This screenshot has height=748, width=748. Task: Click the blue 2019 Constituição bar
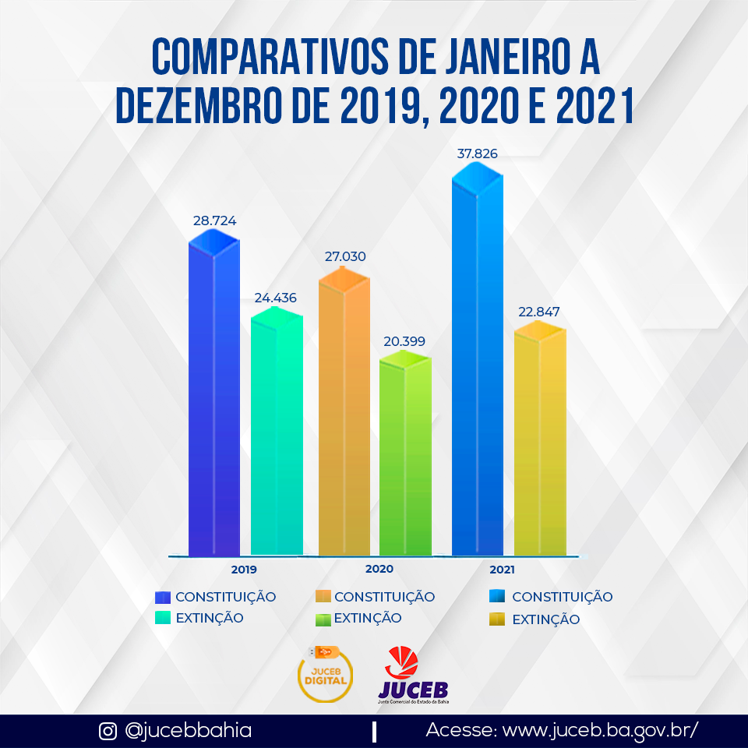point(214,397)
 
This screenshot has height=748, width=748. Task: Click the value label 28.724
point(214,221)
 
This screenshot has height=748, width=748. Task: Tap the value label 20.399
point(404,341)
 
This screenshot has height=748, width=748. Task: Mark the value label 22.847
point(538,312)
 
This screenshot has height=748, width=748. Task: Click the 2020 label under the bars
point(379,570)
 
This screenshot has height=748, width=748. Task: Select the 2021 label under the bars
point(502,570)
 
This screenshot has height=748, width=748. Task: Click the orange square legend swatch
point(323,597)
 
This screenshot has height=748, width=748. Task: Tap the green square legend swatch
point(323,619)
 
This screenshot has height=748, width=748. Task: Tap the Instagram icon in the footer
point(108,732)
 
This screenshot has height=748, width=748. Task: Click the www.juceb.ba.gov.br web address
point(600,732)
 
